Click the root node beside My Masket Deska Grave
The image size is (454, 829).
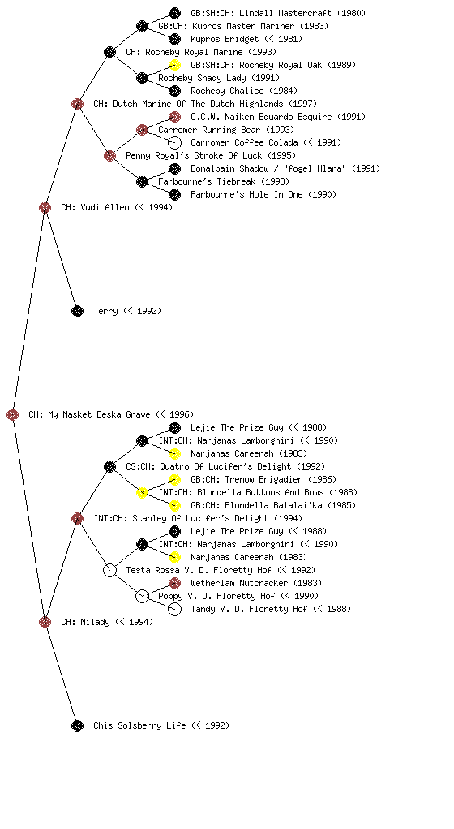[13, 414]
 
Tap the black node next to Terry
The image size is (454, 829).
[77, 311]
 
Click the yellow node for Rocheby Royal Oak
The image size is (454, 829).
[174, 65]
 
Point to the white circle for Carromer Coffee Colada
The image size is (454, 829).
[174, 142]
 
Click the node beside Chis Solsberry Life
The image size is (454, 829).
[77, 725]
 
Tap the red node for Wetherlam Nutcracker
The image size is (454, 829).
[174, 583]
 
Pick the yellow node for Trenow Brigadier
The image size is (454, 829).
[174, 479]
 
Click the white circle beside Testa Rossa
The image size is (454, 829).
[109, 570]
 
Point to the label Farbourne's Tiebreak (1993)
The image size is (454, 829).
[224, 181]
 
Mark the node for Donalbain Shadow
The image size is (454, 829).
[174, 168]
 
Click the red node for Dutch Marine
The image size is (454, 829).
[77, 104]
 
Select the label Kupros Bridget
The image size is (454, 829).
[225, 39]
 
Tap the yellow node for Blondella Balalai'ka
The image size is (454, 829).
[174, 505]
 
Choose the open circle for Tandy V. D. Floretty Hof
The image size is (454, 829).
[174, 609]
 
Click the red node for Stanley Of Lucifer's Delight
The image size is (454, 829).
[77, 518]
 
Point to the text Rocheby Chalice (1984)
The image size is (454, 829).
[244, 91]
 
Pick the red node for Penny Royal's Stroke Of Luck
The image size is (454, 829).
[109, 155]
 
